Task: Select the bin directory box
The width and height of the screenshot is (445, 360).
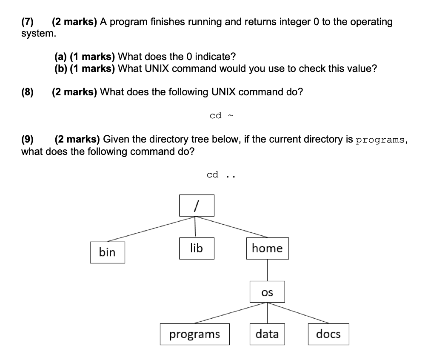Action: click(x=107, y=252)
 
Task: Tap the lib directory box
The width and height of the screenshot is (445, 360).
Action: click(x=196, y=248)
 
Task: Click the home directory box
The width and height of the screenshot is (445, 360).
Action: click(x=267, y=248)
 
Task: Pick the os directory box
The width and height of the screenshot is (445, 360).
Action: click(x=267, y=292)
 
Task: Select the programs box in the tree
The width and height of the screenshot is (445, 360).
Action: click(x=195, y=334)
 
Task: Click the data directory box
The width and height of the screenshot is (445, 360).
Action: click(x=267, y=334)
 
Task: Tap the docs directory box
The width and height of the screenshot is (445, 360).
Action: click(x=328, y=334)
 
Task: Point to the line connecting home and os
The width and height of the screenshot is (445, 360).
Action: click(x=267, y=270)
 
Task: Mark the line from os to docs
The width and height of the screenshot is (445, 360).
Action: click(x=298, y=313)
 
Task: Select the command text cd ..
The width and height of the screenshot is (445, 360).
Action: click(x=220, y=175)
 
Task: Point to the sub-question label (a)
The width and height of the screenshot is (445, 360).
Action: click(x=61, y=57)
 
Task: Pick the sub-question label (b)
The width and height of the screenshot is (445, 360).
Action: click(x=61, y=69)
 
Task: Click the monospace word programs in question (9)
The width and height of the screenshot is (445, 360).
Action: click(x=380, y=140)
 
